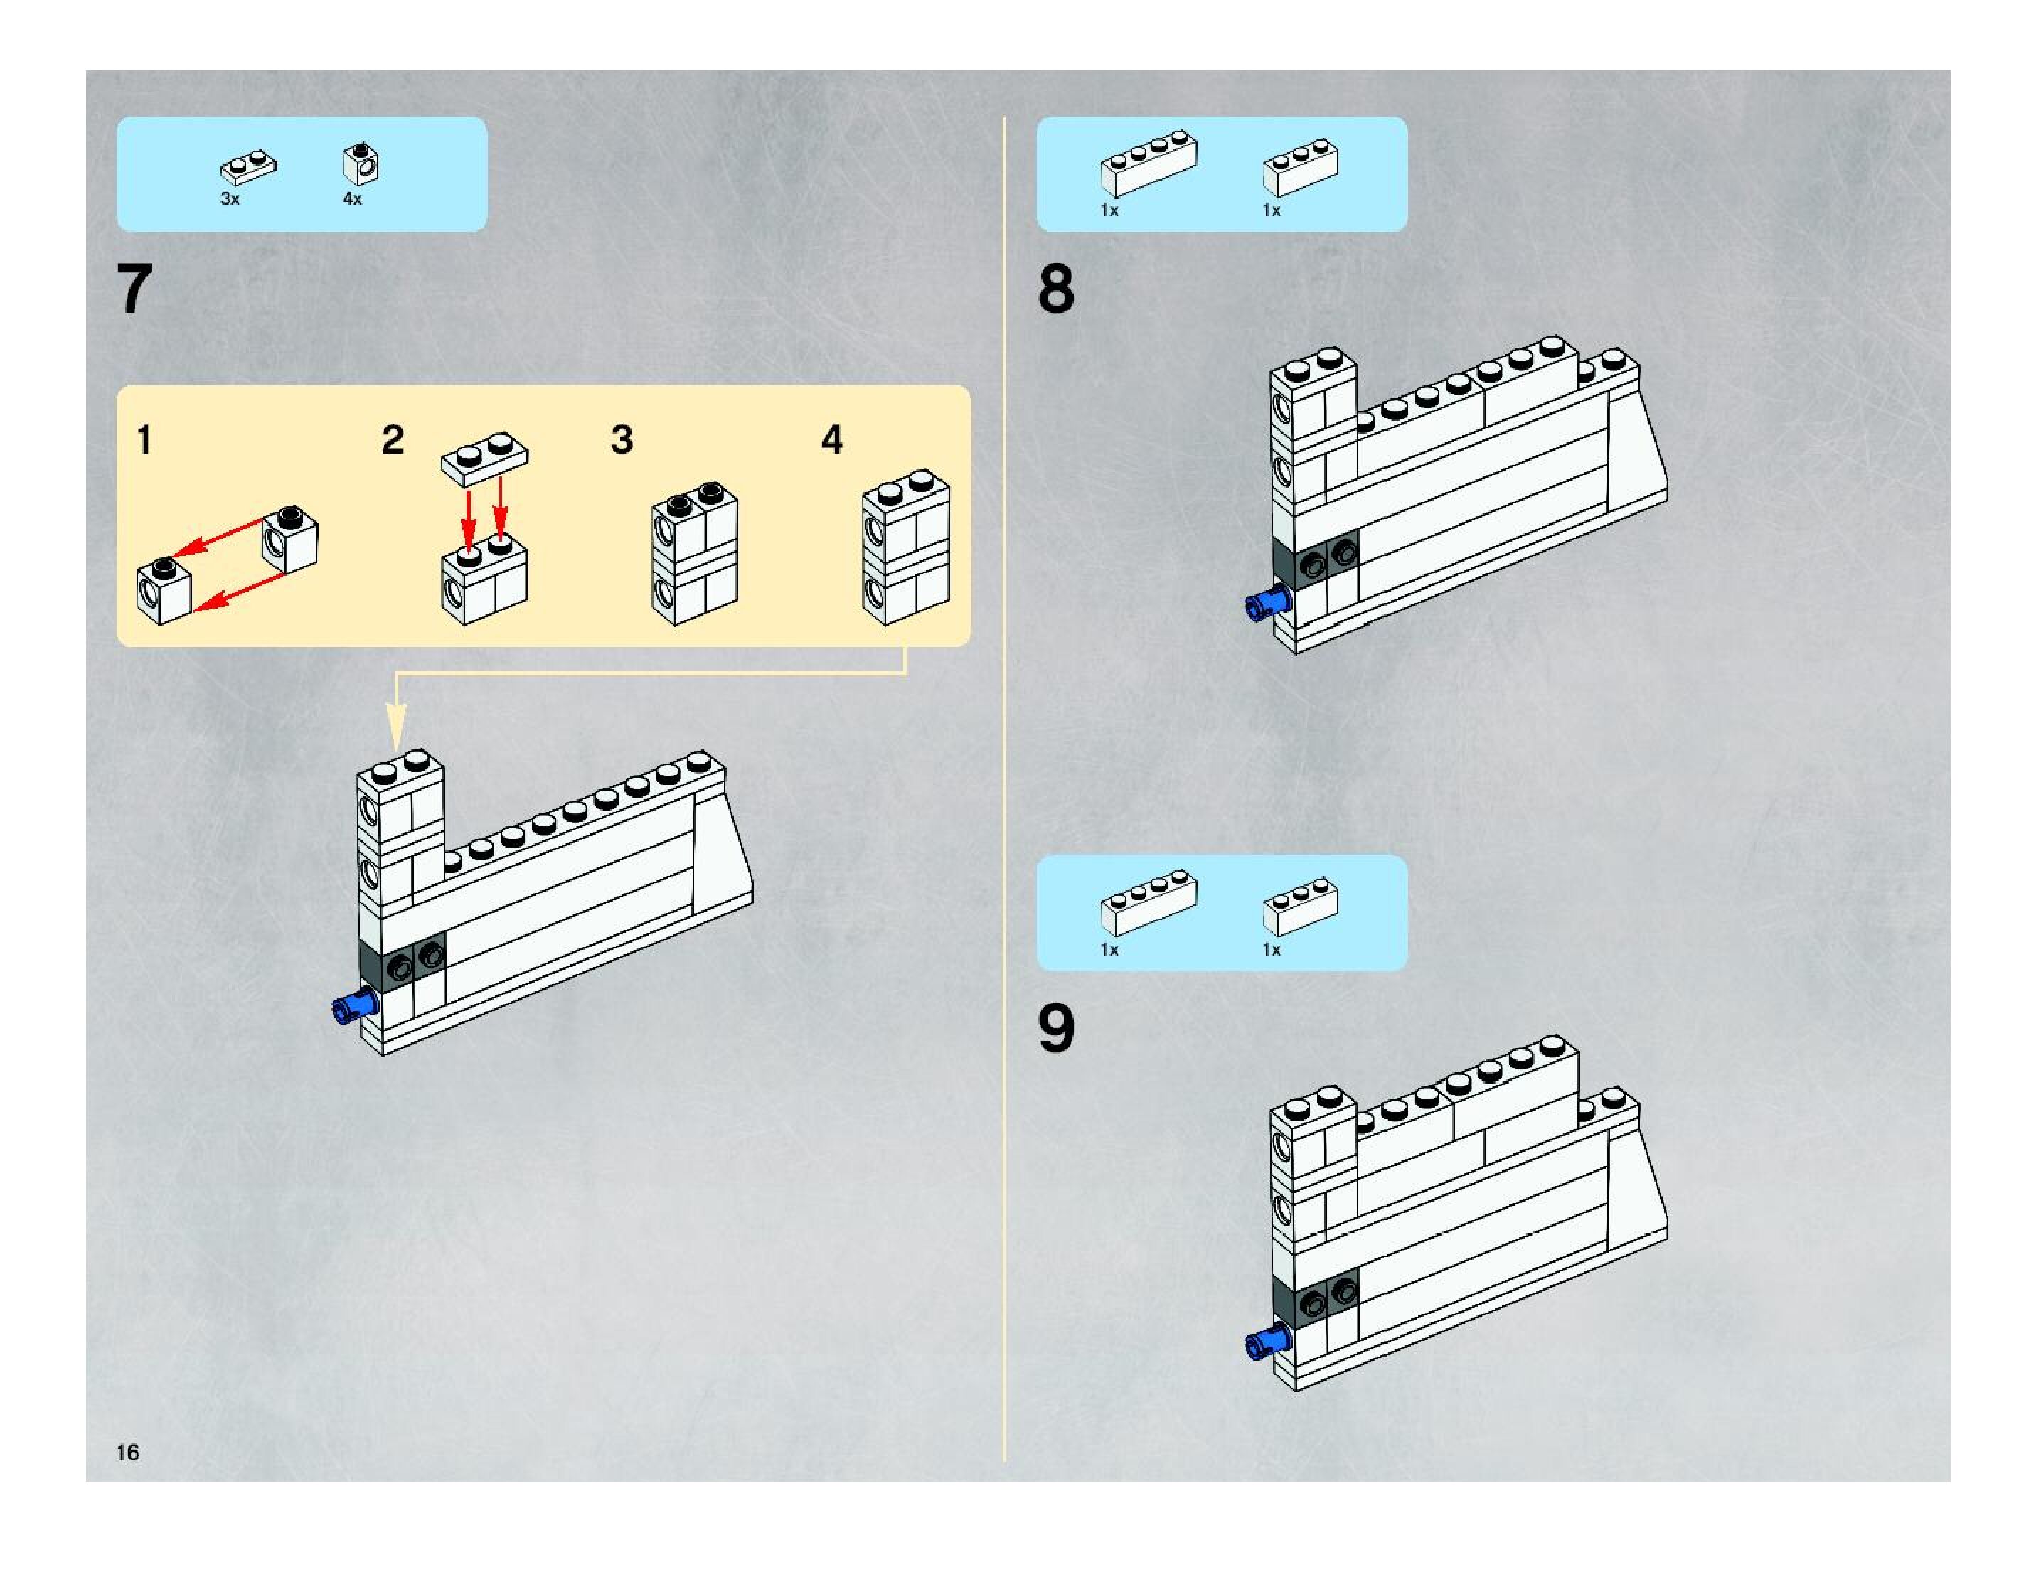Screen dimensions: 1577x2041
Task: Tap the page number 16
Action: [x=128, y=1452]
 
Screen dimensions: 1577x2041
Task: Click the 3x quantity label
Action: [x=230, y=199]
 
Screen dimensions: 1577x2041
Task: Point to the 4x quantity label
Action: [x=352, y=199]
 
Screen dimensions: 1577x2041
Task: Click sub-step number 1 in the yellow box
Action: [x=144, y=440]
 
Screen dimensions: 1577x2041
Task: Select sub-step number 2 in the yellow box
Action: [x=393, y=440]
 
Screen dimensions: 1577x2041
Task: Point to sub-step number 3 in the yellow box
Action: [x=622, y=440]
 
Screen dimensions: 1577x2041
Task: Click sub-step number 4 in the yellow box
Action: [x=832, y=440]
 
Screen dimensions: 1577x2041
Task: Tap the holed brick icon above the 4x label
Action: [x=361, y=164]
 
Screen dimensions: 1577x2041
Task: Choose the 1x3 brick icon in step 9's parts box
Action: [x=1300, y=905]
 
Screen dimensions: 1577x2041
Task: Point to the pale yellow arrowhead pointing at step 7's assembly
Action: [x=396, y=728]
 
